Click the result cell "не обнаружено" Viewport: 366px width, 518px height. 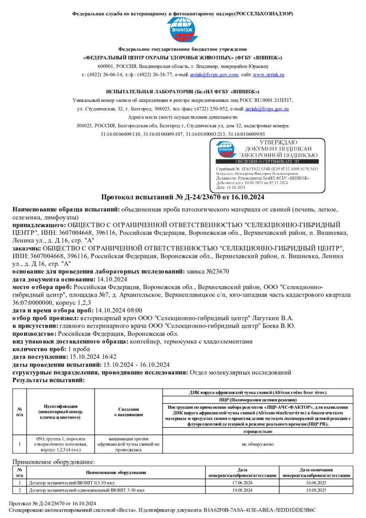(258, 443)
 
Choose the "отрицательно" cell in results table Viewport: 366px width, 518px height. (258, 432)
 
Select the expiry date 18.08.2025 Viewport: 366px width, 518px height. (316, 490)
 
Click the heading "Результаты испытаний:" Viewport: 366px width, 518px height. (48, 380)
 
